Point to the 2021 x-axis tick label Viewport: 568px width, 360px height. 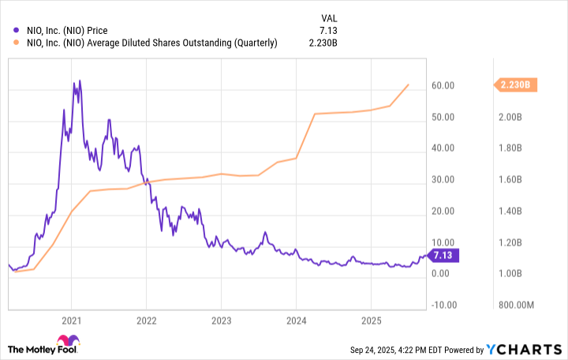71,321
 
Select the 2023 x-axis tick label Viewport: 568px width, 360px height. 221,321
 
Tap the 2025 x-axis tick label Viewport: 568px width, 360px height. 371,321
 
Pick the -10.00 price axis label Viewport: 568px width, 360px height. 446,306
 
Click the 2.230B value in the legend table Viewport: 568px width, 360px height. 323,43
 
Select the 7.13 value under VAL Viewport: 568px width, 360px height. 330,31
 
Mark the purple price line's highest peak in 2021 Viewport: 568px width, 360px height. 74,81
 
